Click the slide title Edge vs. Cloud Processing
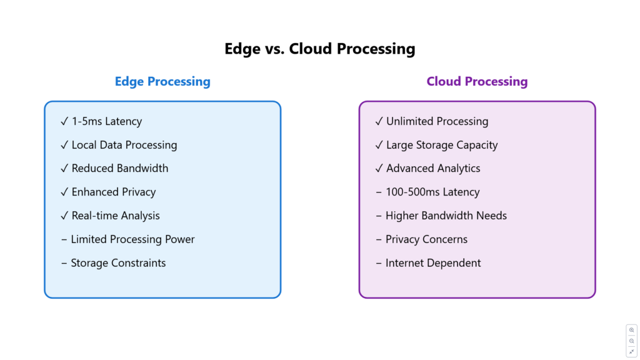(320, 49)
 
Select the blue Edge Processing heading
(162, 82)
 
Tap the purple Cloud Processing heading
(477, 82)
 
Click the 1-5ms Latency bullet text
(107, 121)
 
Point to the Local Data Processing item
(124, 145)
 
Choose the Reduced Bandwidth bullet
(120, 168)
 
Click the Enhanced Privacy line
(114, 192)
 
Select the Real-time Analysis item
(116, 216)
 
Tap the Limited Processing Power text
(132, 239)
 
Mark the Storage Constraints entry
(118, 263)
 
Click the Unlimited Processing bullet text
(437, 122)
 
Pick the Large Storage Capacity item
(442, 145)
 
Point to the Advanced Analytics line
(433, 169)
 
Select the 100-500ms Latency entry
(432, 192)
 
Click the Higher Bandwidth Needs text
(446, 216)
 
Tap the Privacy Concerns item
(426, 239)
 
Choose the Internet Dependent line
(433, 263)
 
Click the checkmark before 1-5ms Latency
(64, 121)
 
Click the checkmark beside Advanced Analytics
(379, 168)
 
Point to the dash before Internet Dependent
(378, 263)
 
